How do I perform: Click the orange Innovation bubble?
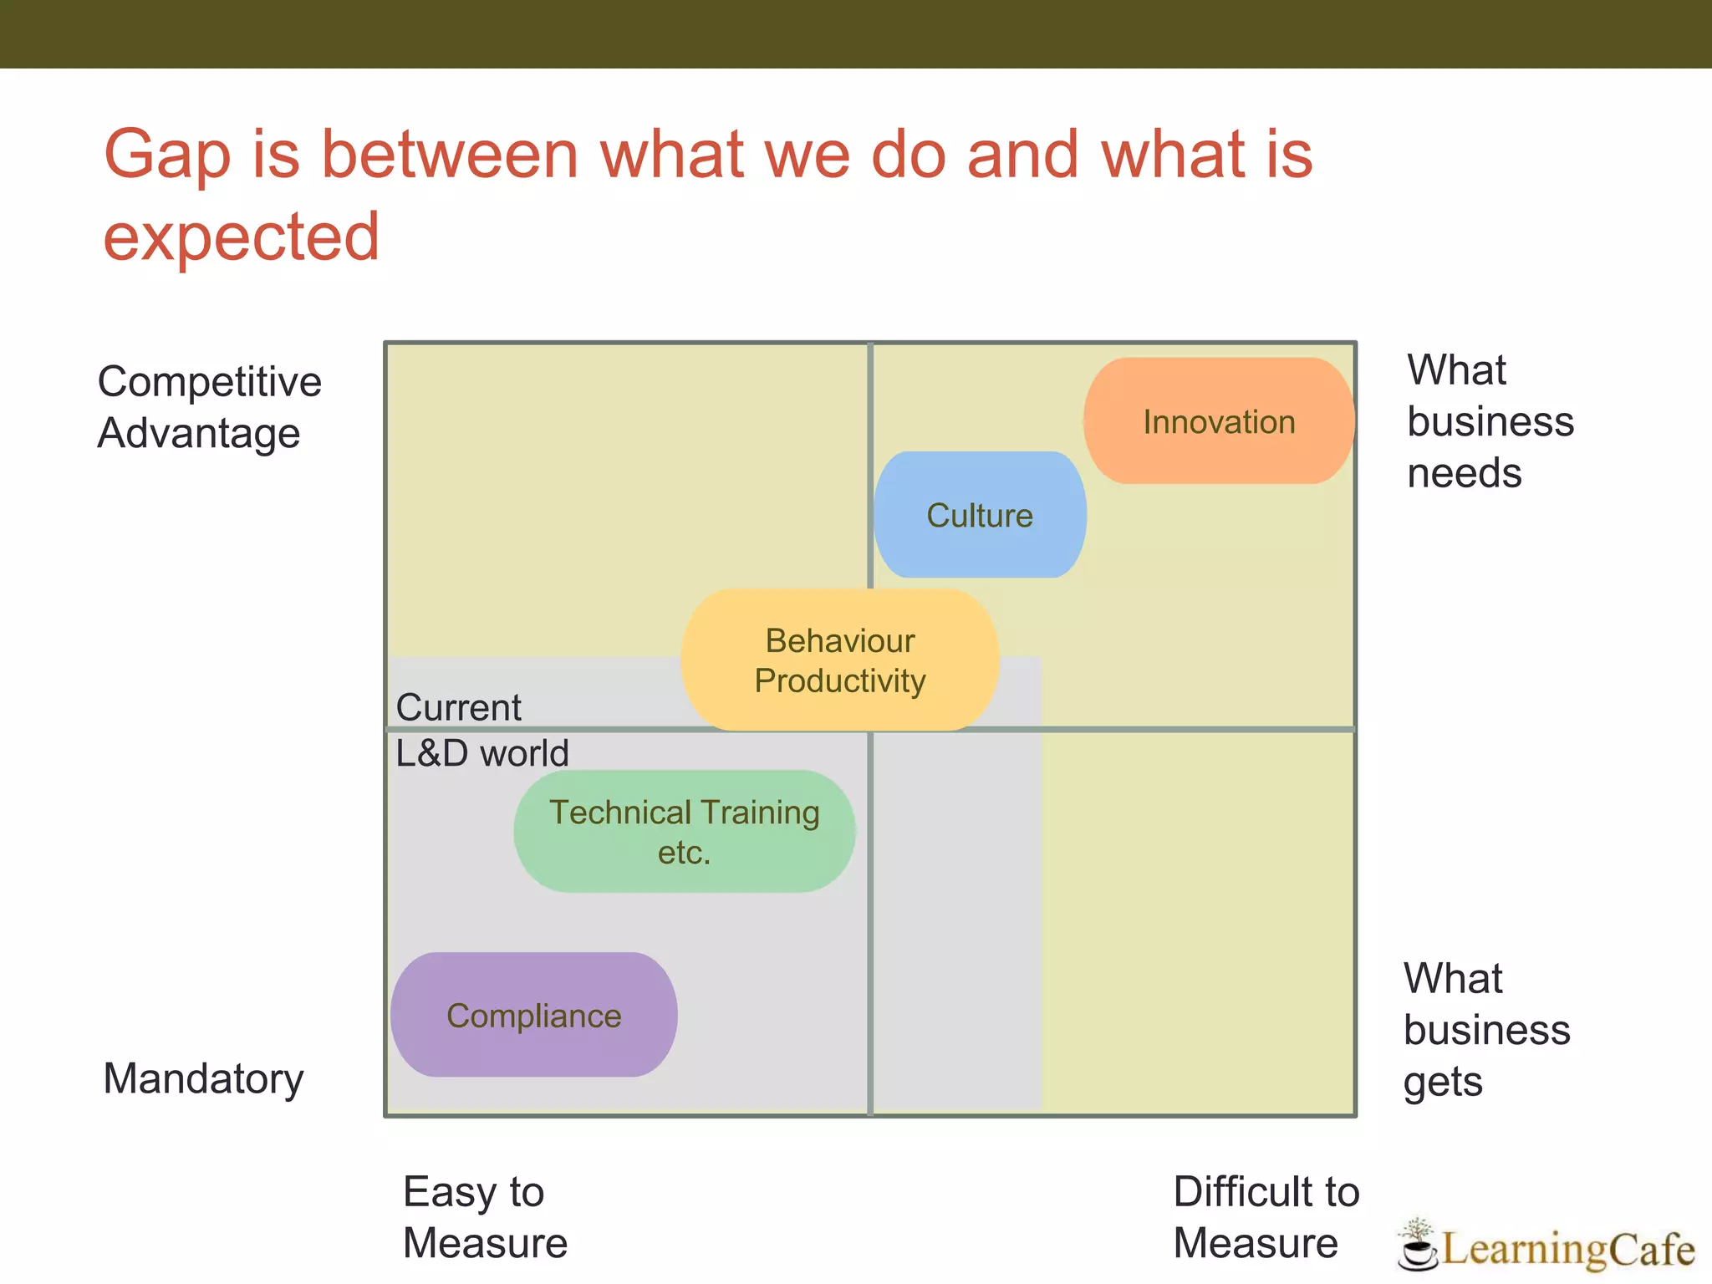click(x=1218, y=421)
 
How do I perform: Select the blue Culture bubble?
click(x=980, y=515)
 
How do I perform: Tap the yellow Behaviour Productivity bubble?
click(x=839, y=660)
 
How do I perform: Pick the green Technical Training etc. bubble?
click(x=684, y=832)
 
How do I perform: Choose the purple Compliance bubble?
click(x=533, y=1015)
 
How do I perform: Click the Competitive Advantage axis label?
click(x=209, y=407)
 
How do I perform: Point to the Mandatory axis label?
click(x=203, y=1078)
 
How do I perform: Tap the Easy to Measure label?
click(x=485, y=1216)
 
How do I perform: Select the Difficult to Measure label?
click(x=1266, y=1216)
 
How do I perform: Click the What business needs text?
click(x=1490, y=421)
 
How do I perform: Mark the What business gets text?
click(x=1486, y=1029)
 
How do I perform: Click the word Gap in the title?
click(x=166, y=156)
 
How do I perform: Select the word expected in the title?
click(x=241, y=237)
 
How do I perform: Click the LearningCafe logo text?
click(x=1567, y=1249)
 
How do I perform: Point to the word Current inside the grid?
click(x=458, y=707)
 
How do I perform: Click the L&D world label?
click(x=481, y=753)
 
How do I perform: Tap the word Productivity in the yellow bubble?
click(x=839, y=680)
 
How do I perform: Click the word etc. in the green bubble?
click(x=683, y=853)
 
